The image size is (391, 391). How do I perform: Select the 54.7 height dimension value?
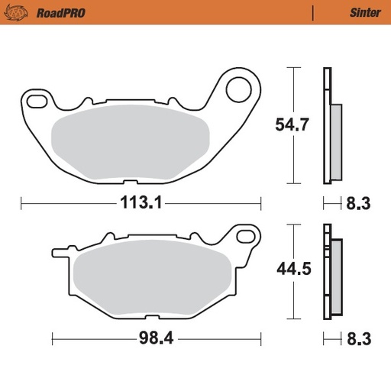tap(292, 124)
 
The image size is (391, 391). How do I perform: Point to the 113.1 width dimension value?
tap(141, 203)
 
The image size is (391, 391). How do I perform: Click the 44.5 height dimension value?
tap(292, 269)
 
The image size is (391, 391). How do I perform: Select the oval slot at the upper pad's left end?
tap(37, 99)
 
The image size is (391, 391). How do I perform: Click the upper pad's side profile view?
tap(330, 126)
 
